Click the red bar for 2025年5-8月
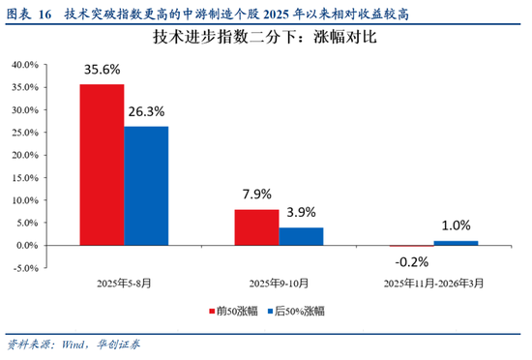102,165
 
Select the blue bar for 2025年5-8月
146,186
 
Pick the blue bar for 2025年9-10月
301,236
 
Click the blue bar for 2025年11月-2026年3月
456,243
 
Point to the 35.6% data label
103,70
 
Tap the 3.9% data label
302,213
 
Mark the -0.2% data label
411,261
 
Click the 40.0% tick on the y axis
25,65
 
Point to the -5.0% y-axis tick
25,268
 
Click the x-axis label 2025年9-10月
279,284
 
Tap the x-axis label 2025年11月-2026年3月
433,284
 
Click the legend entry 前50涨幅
237,312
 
